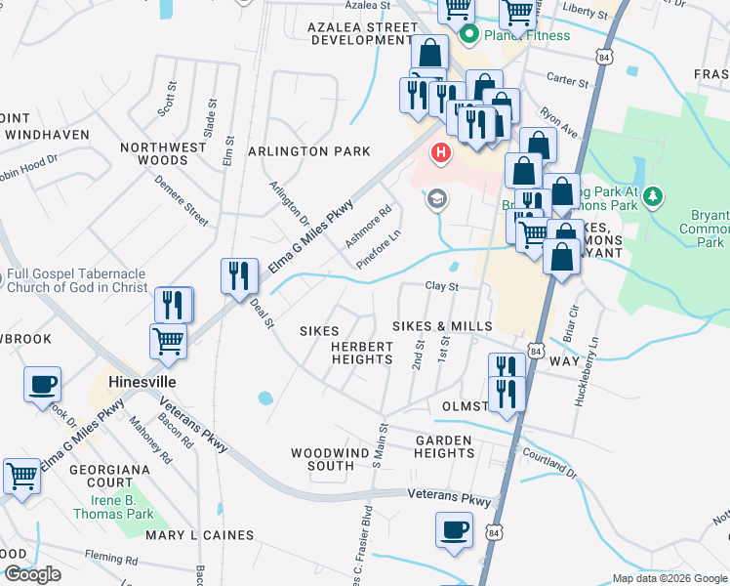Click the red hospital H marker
coord(441,153)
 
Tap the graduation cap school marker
coord(436,199)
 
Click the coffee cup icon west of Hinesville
coord(42,384)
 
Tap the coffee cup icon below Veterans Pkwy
coord(454,529)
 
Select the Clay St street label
coord(441,287)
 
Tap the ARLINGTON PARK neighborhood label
coord(309,151)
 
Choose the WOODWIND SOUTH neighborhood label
coord(322,459)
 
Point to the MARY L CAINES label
coord(199,535)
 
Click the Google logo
coord(32,574)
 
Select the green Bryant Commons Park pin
coord(654,199)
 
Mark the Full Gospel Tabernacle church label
coord(76,281)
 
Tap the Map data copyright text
coord(669,578)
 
